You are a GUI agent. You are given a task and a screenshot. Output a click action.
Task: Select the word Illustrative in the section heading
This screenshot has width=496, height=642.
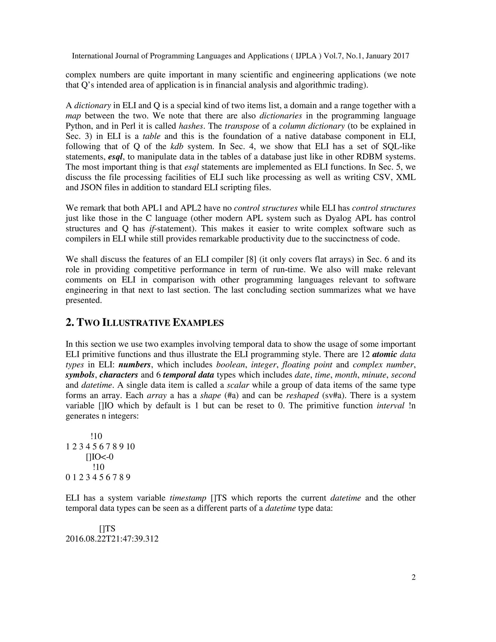click(x=136, y=323)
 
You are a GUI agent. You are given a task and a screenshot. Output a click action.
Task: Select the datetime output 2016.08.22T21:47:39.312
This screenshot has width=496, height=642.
click(x=112, y=539)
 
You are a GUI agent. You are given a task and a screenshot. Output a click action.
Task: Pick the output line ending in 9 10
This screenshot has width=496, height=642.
click(x=100, y=446)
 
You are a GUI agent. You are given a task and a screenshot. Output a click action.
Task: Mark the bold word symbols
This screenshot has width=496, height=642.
click(x=80, y=375)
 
